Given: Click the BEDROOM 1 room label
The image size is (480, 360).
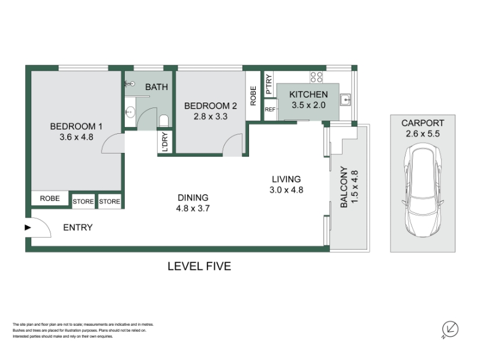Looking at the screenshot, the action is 76,126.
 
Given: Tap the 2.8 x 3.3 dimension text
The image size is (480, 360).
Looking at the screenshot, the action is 211,116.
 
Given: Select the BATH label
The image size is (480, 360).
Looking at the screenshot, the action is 157,87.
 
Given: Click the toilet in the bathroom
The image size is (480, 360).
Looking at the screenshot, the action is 164,121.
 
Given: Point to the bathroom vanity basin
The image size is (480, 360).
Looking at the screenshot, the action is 130,112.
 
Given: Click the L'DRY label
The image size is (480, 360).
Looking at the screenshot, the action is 165,142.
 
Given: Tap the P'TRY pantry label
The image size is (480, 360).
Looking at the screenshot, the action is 268,85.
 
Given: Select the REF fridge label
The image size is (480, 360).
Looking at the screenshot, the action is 270,109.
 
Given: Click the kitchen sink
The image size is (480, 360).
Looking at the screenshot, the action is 346,100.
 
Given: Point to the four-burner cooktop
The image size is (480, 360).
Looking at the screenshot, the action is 316,77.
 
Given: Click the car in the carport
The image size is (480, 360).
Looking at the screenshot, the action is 423,190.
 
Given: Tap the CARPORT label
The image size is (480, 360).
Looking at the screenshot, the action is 423,123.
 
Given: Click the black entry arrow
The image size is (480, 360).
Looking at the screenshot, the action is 28,227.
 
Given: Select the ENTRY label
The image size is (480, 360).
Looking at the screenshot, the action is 78,227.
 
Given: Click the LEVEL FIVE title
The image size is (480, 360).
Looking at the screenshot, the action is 199,266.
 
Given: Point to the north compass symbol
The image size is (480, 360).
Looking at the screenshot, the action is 450,329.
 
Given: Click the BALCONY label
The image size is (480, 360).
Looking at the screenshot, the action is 344,187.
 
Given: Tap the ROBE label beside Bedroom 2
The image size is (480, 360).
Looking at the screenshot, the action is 253,96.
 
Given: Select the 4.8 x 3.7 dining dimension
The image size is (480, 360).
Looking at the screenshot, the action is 193,208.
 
